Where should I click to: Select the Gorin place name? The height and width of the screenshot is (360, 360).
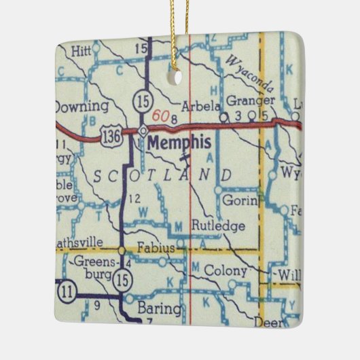[238, 200]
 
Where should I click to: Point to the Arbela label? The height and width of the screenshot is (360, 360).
[202, 106]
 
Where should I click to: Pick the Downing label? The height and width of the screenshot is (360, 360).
[81, 106]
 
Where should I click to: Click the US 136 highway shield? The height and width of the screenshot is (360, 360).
[111, 138]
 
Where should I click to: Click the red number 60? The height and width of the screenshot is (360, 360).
[160, 116]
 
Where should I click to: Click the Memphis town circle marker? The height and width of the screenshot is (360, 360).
[143, 130]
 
